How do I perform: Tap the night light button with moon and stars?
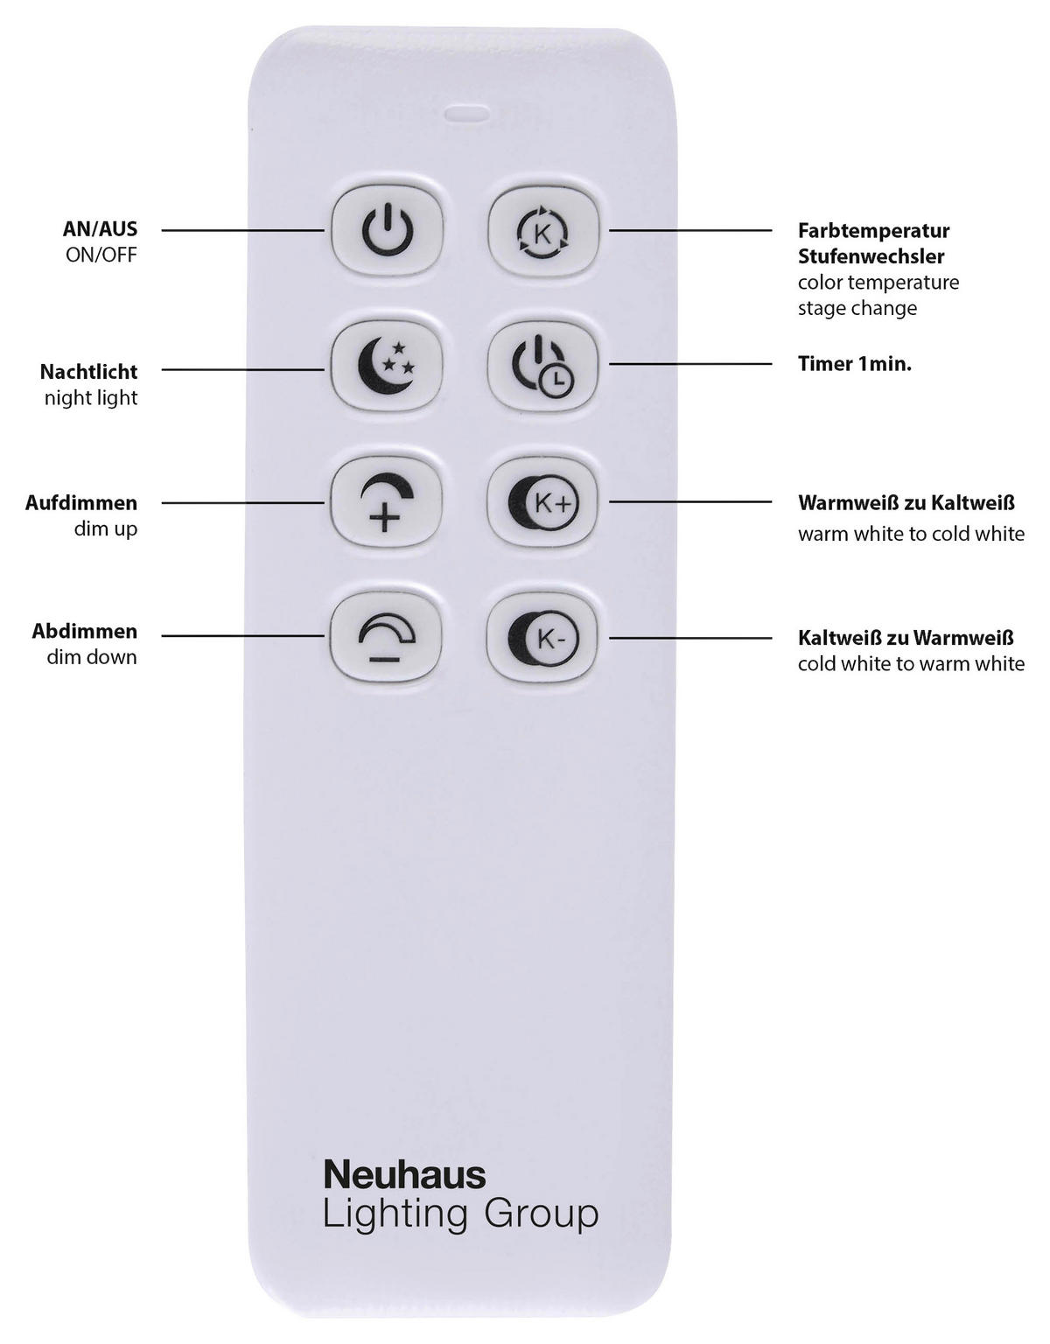point(386,367)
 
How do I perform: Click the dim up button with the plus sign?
point(386,502)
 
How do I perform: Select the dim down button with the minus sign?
point(386,636)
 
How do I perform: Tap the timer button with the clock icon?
point(543,367)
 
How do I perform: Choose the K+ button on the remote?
point(543,502)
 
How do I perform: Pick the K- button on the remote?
point(543,636)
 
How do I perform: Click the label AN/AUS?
point(100,229)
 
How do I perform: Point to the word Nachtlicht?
point(88,371)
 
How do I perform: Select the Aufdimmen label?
point(81,503)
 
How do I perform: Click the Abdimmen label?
point(85,631)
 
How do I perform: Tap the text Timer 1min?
point(854,364)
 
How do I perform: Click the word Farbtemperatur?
point(873,231)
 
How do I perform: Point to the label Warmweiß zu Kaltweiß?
point(906,503)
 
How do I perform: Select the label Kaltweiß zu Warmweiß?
point(906,638)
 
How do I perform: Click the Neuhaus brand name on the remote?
point(404,1174)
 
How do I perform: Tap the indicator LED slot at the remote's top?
point(466,113)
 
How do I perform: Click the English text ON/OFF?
point(101,255)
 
